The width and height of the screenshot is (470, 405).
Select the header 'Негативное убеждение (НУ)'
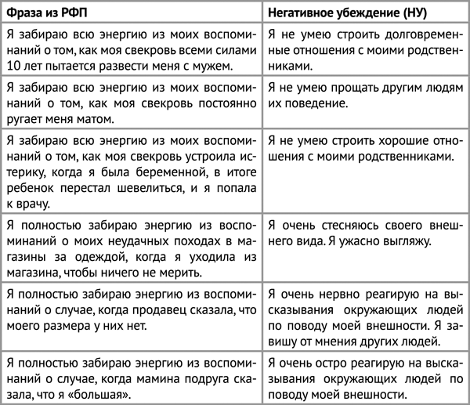pos(342,13)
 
